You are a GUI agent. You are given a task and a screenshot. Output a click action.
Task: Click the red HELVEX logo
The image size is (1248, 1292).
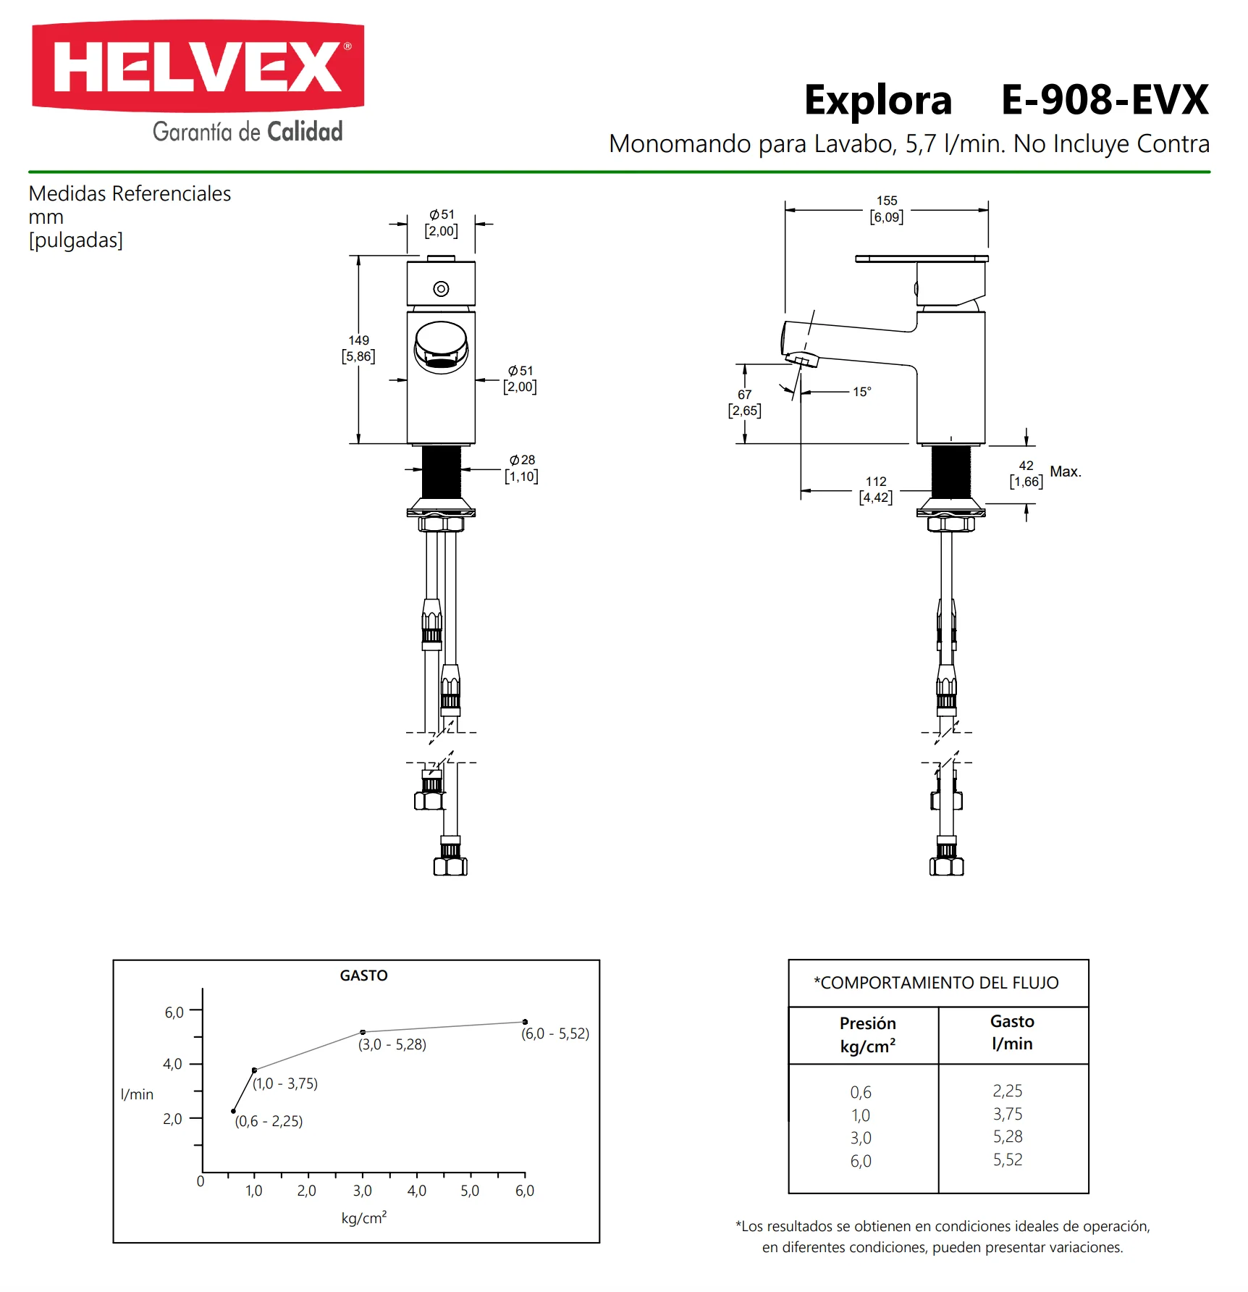pyautogui.click(x=198, y=67)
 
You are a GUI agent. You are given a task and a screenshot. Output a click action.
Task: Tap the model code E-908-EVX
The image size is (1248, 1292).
pyautogui.click(x=1105, y=100)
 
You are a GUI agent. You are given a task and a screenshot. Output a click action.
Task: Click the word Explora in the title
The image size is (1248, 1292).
pyautogui.click(x=878, y=101)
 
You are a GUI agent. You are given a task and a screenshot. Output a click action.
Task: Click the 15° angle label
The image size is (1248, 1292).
pyautogui.click(x=861, y=392)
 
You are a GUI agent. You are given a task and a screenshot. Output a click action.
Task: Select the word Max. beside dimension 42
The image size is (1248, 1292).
pyautogui.click(x=1066, y=471)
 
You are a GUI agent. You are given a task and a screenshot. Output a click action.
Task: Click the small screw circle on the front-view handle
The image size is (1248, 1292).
pyautogui.click(x=441, y=289)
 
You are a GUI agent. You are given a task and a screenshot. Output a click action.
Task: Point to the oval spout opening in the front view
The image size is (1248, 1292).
pyautogui.click(x=441, y=347)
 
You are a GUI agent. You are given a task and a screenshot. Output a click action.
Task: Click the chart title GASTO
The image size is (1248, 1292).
pyautogui.click(x=363, y=976)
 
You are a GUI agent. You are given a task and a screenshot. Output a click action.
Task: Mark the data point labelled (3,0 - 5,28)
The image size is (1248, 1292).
pyautogui.click(x=363, y=1032)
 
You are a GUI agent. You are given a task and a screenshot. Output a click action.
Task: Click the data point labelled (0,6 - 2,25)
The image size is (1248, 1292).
pyautogui.click(x=233, y=1111)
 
